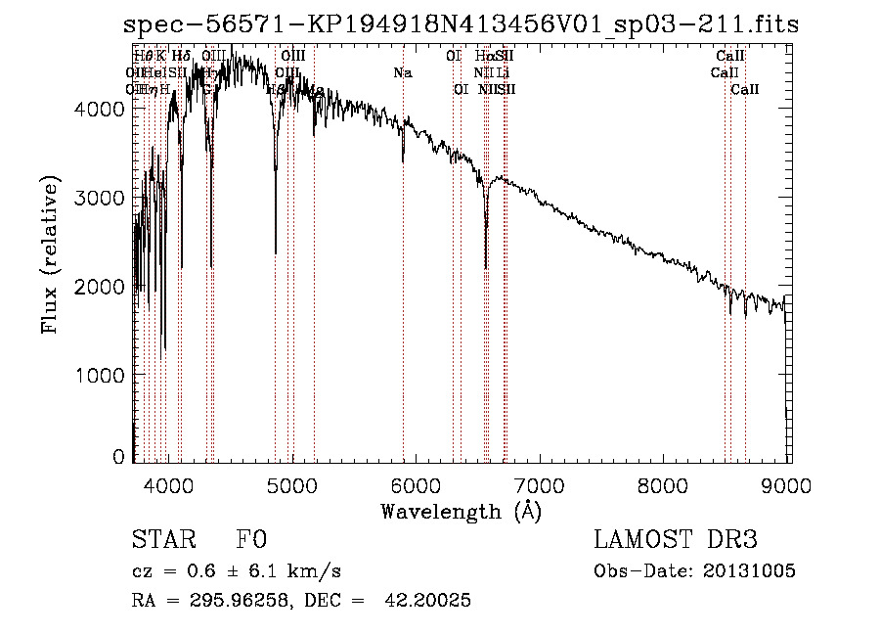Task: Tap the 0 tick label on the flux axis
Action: click(x=118, y=457)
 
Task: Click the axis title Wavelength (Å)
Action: click(x=460, y=511)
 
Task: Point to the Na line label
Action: click(x=403, y=72)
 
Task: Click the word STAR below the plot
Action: click(x=161, y=541)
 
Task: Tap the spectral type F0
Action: click(x=251, y=541)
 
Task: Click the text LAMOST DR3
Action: click(x=676, y=541)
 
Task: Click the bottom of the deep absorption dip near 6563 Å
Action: click(x=486, y=265)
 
